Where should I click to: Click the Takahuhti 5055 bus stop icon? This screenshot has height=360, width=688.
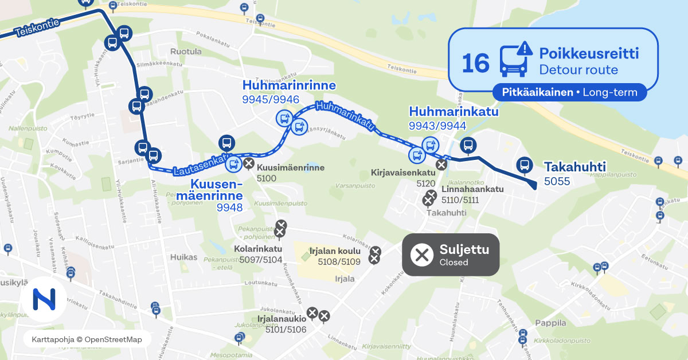pos(523,165)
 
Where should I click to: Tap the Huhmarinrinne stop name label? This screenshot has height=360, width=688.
pos(289,85)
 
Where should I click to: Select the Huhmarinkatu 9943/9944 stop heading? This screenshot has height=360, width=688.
pos(453,111)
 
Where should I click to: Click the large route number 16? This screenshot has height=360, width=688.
pos(475,62)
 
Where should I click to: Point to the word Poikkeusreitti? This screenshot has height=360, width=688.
pos(589,54)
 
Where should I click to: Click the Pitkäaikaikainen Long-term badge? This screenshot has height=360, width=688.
pos(569,92)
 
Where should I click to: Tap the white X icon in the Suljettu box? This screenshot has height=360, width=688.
pos(423,255)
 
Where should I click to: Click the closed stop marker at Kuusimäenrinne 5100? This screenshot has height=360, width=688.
pos(249,165)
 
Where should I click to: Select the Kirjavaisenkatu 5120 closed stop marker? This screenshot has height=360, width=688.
pos(441,165)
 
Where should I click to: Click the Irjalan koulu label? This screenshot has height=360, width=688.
pos(335,251)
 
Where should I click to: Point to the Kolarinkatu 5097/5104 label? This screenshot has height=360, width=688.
pos(258,254)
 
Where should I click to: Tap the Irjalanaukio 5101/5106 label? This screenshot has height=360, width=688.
pos(286,324)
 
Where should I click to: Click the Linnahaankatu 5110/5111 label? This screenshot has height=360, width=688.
pos(472,194)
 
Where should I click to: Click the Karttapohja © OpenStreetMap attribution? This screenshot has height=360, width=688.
pos(87,339)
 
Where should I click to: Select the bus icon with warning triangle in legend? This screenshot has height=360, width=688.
pos(513,60)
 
